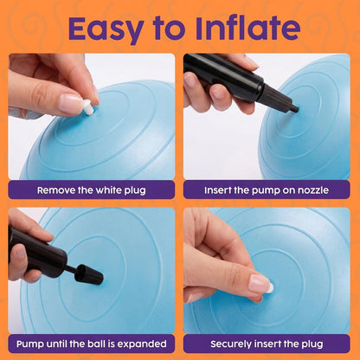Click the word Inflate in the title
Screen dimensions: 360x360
click(x=248, y=28)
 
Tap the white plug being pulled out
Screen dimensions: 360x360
click(x=88, y=107)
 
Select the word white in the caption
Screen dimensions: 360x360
click(x=109, y=190)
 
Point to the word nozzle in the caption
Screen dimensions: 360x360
click(x=313, y=190)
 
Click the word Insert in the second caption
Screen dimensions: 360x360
click(x=215, y=190)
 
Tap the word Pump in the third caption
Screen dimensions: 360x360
click(x=28, y=344)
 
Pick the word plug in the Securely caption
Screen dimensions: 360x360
click(x=312, y=344)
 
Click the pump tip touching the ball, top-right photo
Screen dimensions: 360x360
click(x=295, y=109)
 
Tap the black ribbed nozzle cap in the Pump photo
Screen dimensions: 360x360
click(x=88, y=274)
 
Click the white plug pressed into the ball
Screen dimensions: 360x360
click(x=270, y=288)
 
